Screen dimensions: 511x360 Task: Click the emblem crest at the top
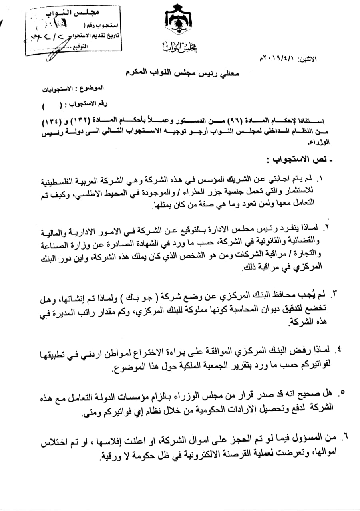(179, 22)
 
